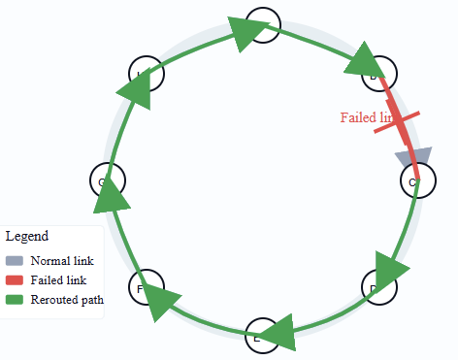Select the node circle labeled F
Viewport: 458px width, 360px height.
[147, 287]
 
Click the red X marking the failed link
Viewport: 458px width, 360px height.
[397, 126]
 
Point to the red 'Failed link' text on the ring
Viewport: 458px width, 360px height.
[368, 117]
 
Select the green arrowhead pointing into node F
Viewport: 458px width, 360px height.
[164, 304]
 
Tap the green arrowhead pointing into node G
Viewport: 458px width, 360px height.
[112, 198]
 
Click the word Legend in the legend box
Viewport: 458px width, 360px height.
[27, 236]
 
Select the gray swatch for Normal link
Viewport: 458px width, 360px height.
[15, 261]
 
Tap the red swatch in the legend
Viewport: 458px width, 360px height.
[15, 280]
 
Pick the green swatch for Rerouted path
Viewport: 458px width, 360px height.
[15, 300]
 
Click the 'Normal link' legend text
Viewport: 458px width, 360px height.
[62, 261]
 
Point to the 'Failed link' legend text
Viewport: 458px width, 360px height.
[58, 280]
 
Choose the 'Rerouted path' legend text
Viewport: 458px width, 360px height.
[67, 300]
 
